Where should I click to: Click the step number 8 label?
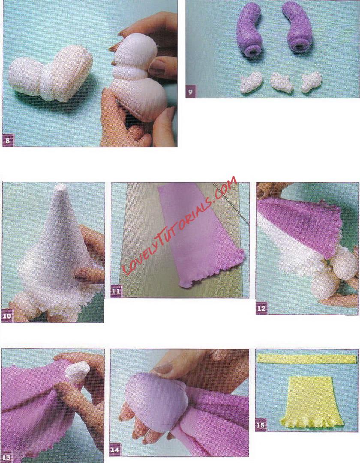click(7, 140)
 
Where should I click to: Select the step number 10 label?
click(7, 316)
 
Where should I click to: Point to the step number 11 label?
click(116, 292)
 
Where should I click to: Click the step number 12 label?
click(261, 308)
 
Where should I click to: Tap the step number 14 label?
click(115, 450)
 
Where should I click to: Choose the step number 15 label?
click(261, 425)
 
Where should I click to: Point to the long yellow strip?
click(308, 358)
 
